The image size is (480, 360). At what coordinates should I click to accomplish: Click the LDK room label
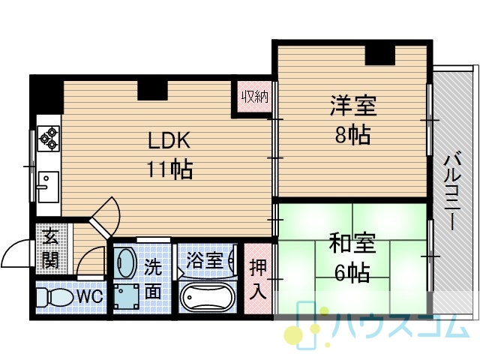169,140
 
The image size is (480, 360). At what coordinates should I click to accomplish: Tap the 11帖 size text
169,169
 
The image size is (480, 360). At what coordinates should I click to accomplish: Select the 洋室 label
353,106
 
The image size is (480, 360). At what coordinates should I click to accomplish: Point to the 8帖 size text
353,134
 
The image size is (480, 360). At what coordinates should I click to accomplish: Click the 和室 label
352,243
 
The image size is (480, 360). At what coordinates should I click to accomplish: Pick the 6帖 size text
352,272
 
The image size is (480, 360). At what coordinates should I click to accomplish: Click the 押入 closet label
258,279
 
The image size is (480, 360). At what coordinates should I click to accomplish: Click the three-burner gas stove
49,138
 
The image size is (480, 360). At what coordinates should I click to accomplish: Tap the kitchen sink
48,187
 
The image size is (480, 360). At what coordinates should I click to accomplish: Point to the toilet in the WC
55,297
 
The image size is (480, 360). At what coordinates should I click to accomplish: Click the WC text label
89,296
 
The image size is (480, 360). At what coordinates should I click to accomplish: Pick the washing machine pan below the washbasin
126,296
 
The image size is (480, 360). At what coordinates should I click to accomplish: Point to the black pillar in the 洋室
380,55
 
